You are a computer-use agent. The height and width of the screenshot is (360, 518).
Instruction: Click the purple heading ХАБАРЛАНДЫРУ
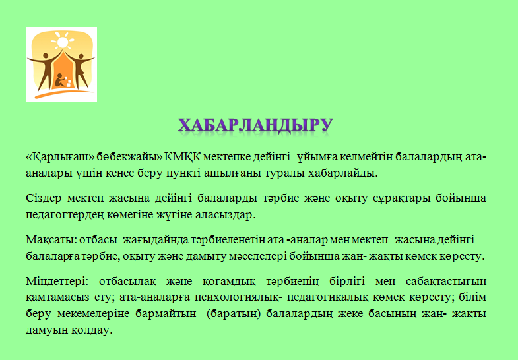click(255, 125)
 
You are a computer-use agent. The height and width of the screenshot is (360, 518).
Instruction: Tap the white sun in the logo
click(62, 42)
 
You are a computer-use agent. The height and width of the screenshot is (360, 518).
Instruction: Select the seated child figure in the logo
click(61, 80)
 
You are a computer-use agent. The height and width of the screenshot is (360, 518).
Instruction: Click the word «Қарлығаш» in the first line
click(61, 157)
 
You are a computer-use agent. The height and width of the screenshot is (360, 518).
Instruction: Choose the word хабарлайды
click(342, 173)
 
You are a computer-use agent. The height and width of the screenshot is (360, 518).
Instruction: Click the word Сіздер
click(44, 198)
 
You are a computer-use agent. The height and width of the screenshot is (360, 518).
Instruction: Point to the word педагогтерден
click(65, 215)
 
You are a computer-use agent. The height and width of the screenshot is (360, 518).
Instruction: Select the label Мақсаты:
click(51, 239)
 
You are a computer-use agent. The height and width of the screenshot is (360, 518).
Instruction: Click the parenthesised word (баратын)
click(234, 313)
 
